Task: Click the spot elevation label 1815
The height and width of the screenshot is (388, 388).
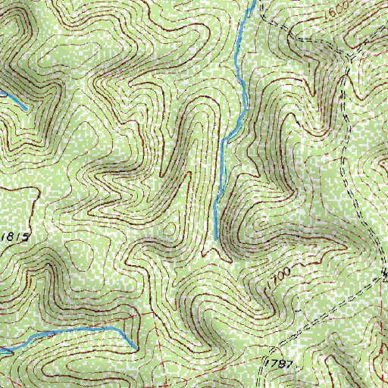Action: tap(15, 237)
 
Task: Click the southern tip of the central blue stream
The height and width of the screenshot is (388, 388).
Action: tap(216, 239)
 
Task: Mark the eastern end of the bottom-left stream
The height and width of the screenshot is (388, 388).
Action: tap(136, 348)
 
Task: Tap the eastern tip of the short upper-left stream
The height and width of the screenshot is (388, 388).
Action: tap(27, 108)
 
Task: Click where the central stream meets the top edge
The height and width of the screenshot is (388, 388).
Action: tap(252, 2)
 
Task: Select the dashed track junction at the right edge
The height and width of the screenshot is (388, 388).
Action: tap(383, 275)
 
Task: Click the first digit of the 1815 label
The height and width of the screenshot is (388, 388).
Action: tap(4, 237)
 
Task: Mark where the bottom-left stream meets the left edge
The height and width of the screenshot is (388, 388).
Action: tap(2, 351)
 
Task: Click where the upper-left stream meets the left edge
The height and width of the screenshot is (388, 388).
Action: tap(2, 92)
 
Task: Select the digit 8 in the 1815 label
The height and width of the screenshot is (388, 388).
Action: tap(11, 237)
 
